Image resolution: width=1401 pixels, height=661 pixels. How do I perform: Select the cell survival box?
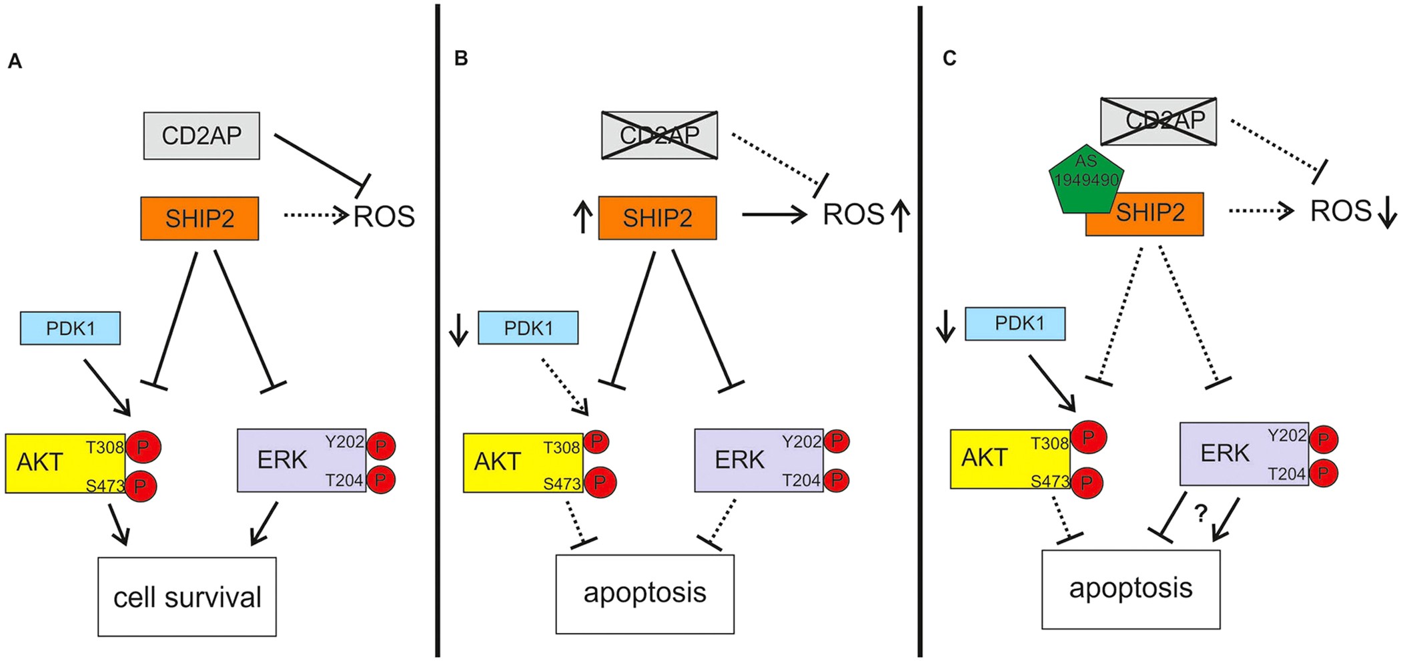(x=187, y=596)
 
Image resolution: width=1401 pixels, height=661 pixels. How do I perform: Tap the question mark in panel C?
(x=1200, y=513)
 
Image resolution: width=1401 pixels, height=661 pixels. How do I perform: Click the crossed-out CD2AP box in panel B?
(x=659, y=135)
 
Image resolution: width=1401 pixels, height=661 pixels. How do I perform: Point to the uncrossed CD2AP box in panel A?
(x=201, y=136)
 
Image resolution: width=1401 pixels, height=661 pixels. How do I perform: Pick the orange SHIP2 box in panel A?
(x=199, y=218)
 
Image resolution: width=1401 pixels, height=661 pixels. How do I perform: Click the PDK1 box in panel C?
(x=1015, y=323)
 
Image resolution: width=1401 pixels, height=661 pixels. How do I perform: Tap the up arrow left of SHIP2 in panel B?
(x=582, y=218)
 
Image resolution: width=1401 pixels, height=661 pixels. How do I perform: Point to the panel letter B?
(x=460, y=59)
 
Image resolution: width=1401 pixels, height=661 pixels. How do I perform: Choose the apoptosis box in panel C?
(x=1131, y=589)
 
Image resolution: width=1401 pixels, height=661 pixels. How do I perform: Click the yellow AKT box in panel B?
(x=507, y=462)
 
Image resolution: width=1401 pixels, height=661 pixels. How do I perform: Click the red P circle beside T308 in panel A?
(x=143, y=447)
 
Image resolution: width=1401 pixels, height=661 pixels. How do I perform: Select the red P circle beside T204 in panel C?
(x=1324, y=473)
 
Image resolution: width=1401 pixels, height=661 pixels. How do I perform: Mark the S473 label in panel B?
(x=562, y=484)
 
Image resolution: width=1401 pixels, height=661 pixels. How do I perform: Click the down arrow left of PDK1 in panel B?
(x=458, y=329)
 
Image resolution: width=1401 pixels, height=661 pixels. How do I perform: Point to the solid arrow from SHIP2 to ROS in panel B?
(x=774, y=214)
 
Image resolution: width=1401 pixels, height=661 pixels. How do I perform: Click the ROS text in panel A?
(x=384, y=216)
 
